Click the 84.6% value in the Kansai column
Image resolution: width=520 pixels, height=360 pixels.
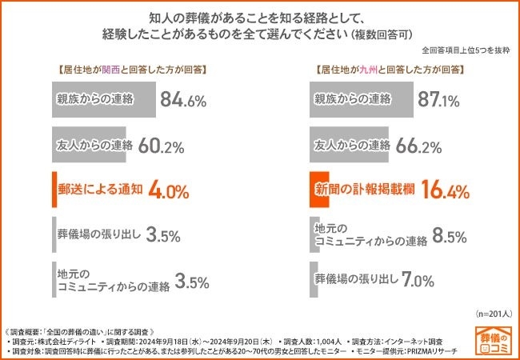pyautogui.click(x=183, y=101)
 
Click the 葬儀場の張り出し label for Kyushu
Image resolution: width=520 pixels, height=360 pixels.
pyautogui.click(x=357, y=280)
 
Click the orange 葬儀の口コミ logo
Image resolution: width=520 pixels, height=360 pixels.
pyautogui.click(x=498, y=339)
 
